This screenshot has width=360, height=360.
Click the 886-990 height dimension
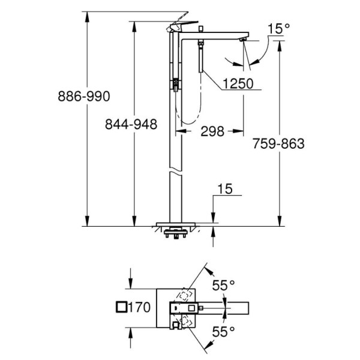click(x=84, y=96)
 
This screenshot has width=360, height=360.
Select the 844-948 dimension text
click(x=131, y=124)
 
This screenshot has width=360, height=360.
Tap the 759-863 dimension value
click(x=278, y=143)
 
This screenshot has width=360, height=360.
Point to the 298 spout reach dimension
click(x=212, y=131)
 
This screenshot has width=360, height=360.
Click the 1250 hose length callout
click(x=238, y=83)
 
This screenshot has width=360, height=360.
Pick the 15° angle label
click(x=278, y=28)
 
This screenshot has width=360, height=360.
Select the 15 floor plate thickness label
click(x=225, y=189)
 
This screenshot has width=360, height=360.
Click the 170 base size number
click(x=139, y=307)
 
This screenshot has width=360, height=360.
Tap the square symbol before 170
click(x=121, y=307)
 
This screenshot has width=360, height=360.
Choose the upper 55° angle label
click(x=223, y=286)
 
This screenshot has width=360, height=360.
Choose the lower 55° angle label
click(x=223, y=331)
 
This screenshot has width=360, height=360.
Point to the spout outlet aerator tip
click(x=243, y=40)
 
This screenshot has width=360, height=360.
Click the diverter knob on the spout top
click(x=201, y=29)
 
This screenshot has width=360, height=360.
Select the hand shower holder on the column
click(x=176, y=85)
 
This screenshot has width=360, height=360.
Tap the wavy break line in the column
click(x=176, y=172)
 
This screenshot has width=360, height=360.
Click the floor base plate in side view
click(x=176, y=224)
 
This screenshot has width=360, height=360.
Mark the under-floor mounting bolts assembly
click(x=176, y=233)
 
